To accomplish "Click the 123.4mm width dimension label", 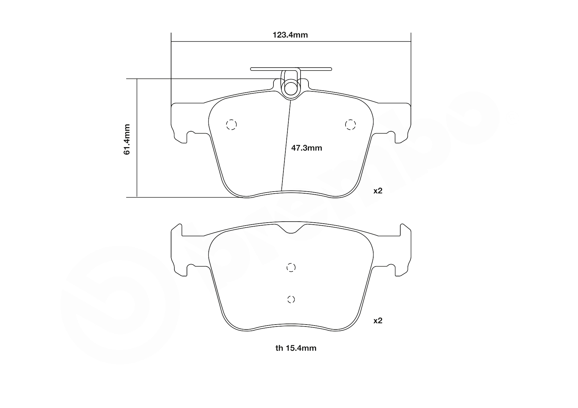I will tap(290, 35).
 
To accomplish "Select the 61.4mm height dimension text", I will tap(127, 139).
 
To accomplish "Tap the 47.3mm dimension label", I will tap(306, 148).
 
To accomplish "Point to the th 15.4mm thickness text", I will tap(296, 348).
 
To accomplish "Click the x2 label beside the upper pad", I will tap(378, 191).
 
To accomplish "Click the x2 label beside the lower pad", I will tap(378, 321).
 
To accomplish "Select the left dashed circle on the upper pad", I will tap(231, 125).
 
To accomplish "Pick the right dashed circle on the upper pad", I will tap(350, 125).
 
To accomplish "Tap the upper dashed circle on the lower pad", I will tap(291, 267).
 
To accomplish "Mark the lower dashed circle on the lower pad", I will tap(291, 299).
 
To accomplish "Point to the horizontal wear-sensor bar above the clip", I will tap(291, 69).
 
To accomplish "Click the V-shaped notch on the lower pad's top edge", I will tap(291, 229).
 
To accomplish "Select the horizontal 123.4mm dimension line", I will tap(231, 42).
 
